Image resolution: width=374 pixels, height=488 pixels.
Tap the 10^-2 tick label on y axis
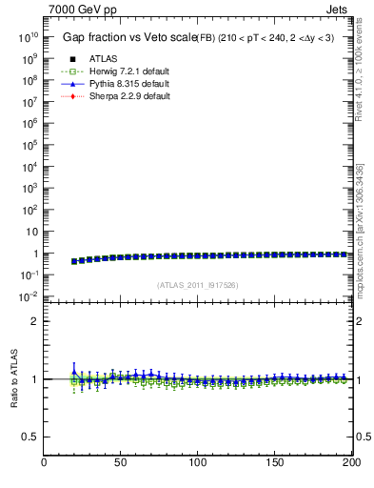(27, 296)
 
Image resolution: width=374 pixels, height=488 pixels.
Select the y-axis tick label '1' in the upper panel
(33, 254)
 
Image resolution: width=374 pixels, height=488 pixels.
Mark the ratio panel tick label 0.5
(30, 437)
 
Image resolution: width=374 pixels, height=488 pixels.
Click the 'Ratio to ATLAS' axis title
(14, 379)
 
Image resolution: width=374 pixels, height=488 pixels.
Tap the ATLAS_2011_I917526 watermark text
(197, 285)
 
